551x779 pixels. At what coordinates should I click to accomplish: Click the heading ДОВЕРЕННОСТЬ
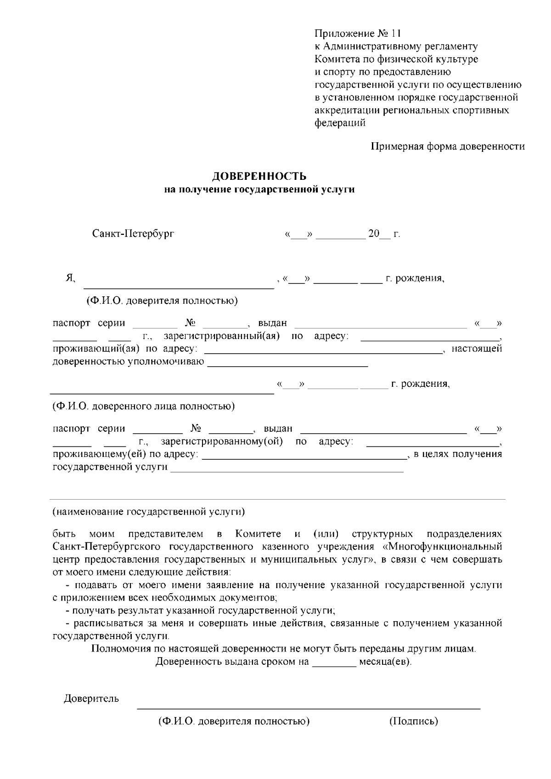[259, 177]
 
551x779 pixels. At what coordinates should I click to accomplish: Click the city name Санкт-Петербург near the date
[133, 234]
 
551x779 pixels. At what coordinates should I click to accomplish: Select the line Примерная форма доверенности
[448, 146]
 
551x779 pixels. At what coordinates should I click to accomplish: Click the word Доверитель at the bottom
[91, 699]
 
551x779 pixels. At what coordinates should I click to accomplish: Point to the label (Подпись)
[414, 721]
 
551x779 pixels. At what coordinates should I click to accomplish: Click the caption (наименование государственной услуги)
[148, 511]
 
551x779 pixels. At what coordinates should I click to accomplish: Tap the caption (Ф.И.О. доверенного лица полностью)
[144, 406]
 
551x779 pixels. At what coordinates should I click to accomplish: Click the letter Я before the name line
[70, 278]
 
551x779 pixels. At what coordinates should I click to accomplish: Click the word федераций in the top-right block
[340, 123]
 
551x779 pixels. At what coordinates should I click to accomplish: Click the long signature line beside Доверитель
[309, 708]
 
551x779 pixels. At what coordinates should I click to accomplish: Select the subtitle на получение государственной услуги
[259, 189]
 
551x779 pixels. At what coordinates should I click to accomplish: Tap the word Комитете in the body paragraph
[258, 534]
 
